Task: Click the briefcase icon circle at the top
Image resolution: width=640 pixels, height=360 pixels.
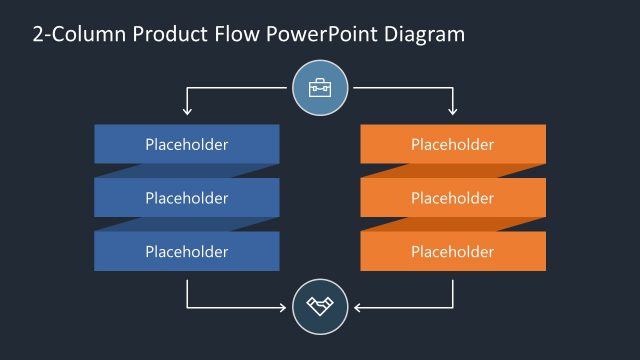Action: [x=320, y=88]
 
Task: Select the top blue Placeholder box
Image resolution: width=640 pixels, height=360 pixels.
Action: [x=187, y=144]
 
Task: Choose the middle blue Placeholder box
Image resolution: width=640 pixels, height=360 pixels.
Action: [x=187, y=198]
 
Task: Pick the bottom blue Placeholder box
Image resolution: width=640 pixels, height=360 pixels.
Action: [x=187, y=251]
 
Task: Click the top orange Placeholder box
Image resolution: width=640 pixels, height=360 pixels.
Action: [x=453, y=144]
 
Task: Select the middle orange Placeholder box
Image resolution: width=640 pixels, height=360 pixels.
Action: [x=453, y=198]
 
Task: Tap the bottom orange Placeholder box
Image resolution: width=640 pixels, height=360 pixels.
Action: [x=453, y=251]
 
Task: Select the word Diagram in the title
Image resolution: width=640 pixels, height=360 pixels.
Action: [x=424, y=35]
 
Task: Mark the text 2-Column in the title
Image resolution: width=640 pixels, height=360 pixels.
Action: [x=71, y=35]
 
